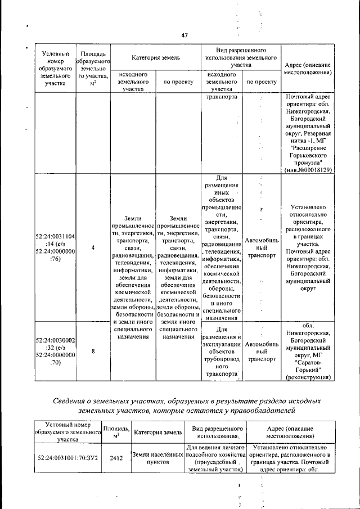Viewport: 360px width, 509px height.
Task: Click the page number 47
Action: (184, 35)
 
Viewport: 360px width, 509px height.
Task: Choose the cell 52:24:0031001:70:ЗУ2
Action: (67, 458)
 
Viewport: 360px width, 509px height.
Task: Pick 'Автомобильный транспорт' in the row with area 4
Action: (262, 247)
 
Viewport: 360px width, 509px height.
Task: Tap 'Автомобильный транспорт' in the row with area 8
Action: (262, 351)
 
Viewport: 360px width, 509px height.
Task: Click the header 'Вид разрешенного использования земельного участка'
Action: (241, 58)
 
